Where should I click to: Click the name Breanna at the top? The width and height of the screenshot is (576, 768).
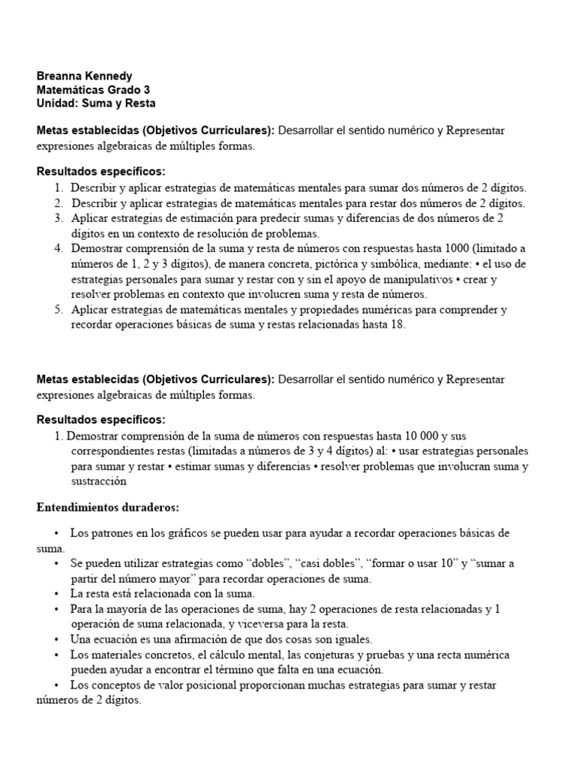pos(60,76)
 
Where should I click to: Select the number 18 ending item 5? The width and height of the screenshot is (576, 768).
pos(397,325)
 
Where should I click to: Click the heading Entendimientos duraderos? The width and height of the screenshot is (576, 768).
pos(108,508)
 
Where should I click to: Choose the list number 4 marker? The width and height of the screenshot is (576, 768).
pos(58,248)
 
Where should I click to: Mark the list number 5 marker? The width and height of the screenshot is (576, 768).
pos(58,309)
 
